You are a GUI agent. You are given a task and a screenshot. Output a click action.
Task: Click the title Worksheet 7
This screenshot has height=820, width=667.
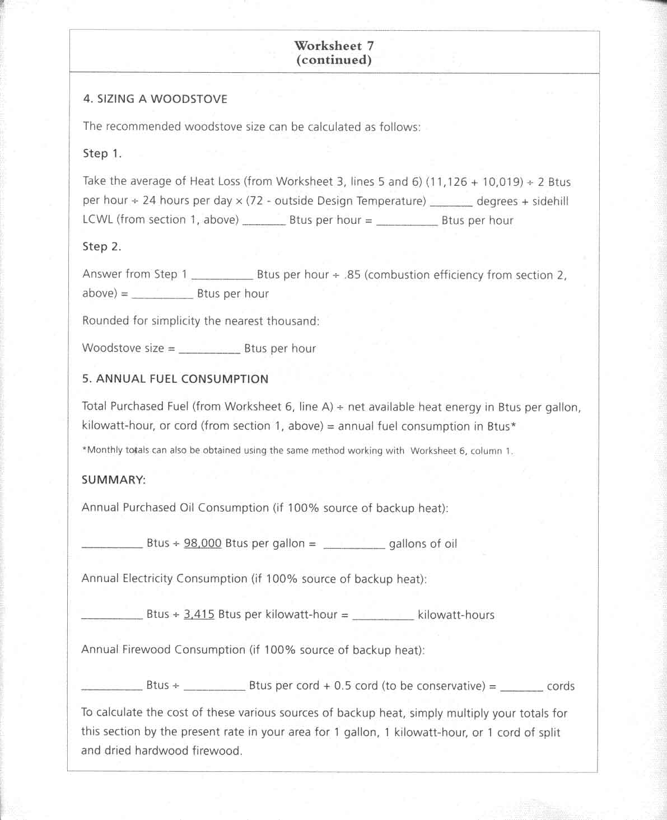coord(334,45)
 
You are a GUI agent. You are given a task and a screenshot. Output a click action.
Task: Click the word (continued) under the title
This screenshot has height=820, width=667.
coord(334,60)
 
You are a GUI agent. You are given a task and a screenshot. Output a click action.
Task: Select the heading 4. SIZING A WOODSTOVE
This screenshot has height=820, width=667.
coord(155,99)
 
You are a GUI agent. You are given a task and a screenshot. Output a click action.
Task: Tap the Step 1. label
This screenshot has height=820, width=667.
coord(102,153)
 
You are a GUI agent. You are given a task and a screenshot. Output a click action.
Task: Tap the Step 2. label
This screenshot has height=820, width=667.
coord(102,246)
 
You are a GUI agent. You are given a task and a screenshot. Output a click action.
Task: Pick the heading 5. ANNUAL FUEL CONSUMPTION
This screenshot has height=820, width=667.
coord(175,379)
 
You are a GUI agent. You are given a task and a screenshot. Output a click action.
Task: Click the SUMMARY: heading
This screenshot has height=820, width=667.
coord(114,480)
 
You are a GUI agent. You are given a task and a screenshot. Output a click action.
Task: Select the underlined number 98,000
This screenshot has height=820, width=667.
coord(203,543)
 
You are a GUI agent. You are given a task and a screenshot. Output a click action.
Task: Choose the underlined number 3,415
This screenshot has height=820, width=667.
coord(199,614)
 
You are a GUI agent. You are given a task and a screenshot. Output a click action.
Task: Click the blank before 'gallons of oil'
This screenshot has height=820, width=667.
coord(354,546)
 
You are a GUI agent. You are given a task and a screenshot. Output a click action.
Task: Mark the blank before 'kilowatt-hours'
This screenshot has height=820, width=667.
coord(383,617)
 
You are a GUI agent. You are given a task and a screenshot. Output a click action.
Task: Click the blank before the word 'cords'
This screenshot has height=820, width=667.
coord(521,688)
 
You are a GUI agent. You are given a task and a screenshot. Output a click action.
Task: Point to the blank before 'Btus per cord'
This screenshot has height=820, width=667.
coord(214,688)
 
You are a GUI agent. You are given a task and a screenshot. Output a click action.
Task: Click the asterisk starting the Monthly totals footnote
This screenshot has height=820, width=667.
coord(85,449)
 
